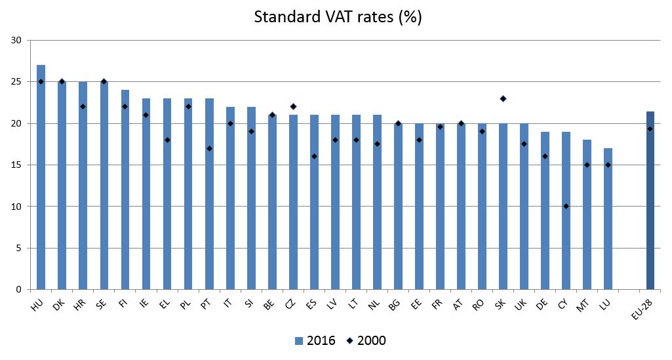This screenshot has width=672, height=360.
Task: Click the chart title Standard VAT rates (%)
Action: coord(338,18)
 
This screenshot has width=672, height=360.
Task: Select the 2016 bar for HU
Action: coord(41,177)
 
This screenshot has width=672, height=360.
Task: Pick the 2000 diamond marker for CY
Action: coord(566,207)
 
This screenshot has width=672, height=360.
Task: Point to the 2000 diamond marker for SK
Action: coord(503,98)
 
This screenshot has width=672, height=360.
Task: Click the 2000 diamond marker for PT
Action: coord(209,148)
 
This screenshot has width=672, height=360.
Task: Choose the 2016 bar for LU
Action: coord(608,219)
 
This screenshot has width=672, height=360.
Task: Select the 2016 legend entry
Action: coord(315,340)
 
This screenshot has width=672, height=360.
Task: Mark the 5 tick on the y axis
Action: coord(19,248)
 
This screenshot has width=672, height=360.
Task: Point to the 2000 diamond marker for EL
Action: coord(167,140)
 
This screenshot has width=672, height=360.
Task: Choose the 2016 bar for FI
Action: coord(125,190)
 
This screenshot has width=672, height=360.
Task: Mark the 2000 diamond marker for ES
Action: coord(314,157)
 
